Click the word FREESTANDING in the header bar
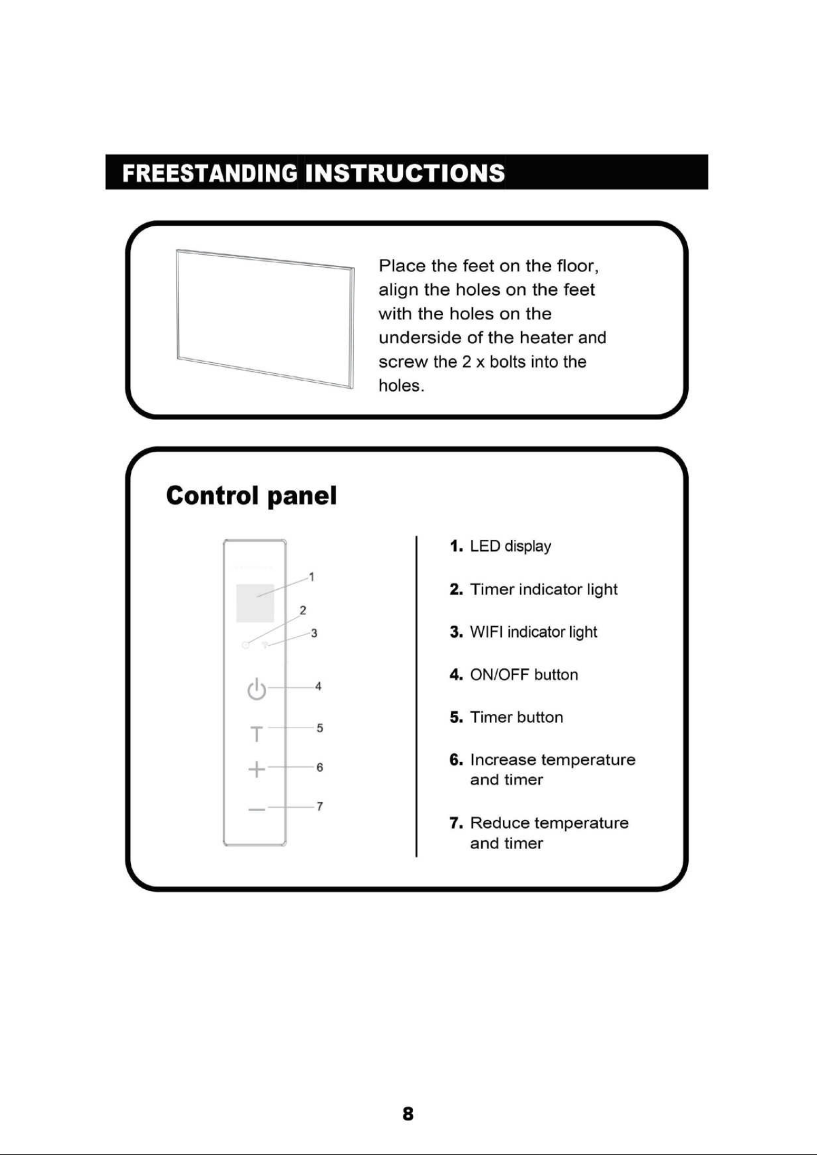tap(210, 173)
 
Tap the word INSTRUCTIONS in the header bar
tap(405, 173)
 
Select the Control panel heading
tap(251, 495)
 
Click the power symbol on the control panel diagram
tap(257, 689)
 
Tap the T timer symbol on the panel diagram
tap(257, 734)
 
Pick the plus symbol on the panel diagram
tap(257, 769)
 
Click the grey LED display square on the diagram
tap(255, 603)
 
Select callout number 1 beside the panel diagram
tap(312, 577)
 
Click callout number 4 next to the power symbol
tap(318, 686)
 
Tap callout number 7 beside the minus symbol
tap(320, 806)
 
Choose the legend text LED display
tap(510, 547)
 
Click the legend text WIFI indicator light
tap(534, 632)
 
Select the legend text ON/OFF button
tap(524, 674)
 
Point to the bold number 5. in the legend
tap(456, 717)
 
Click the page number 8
tap(408, 1114)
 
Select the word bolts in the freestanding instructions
tap(508, 362)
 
